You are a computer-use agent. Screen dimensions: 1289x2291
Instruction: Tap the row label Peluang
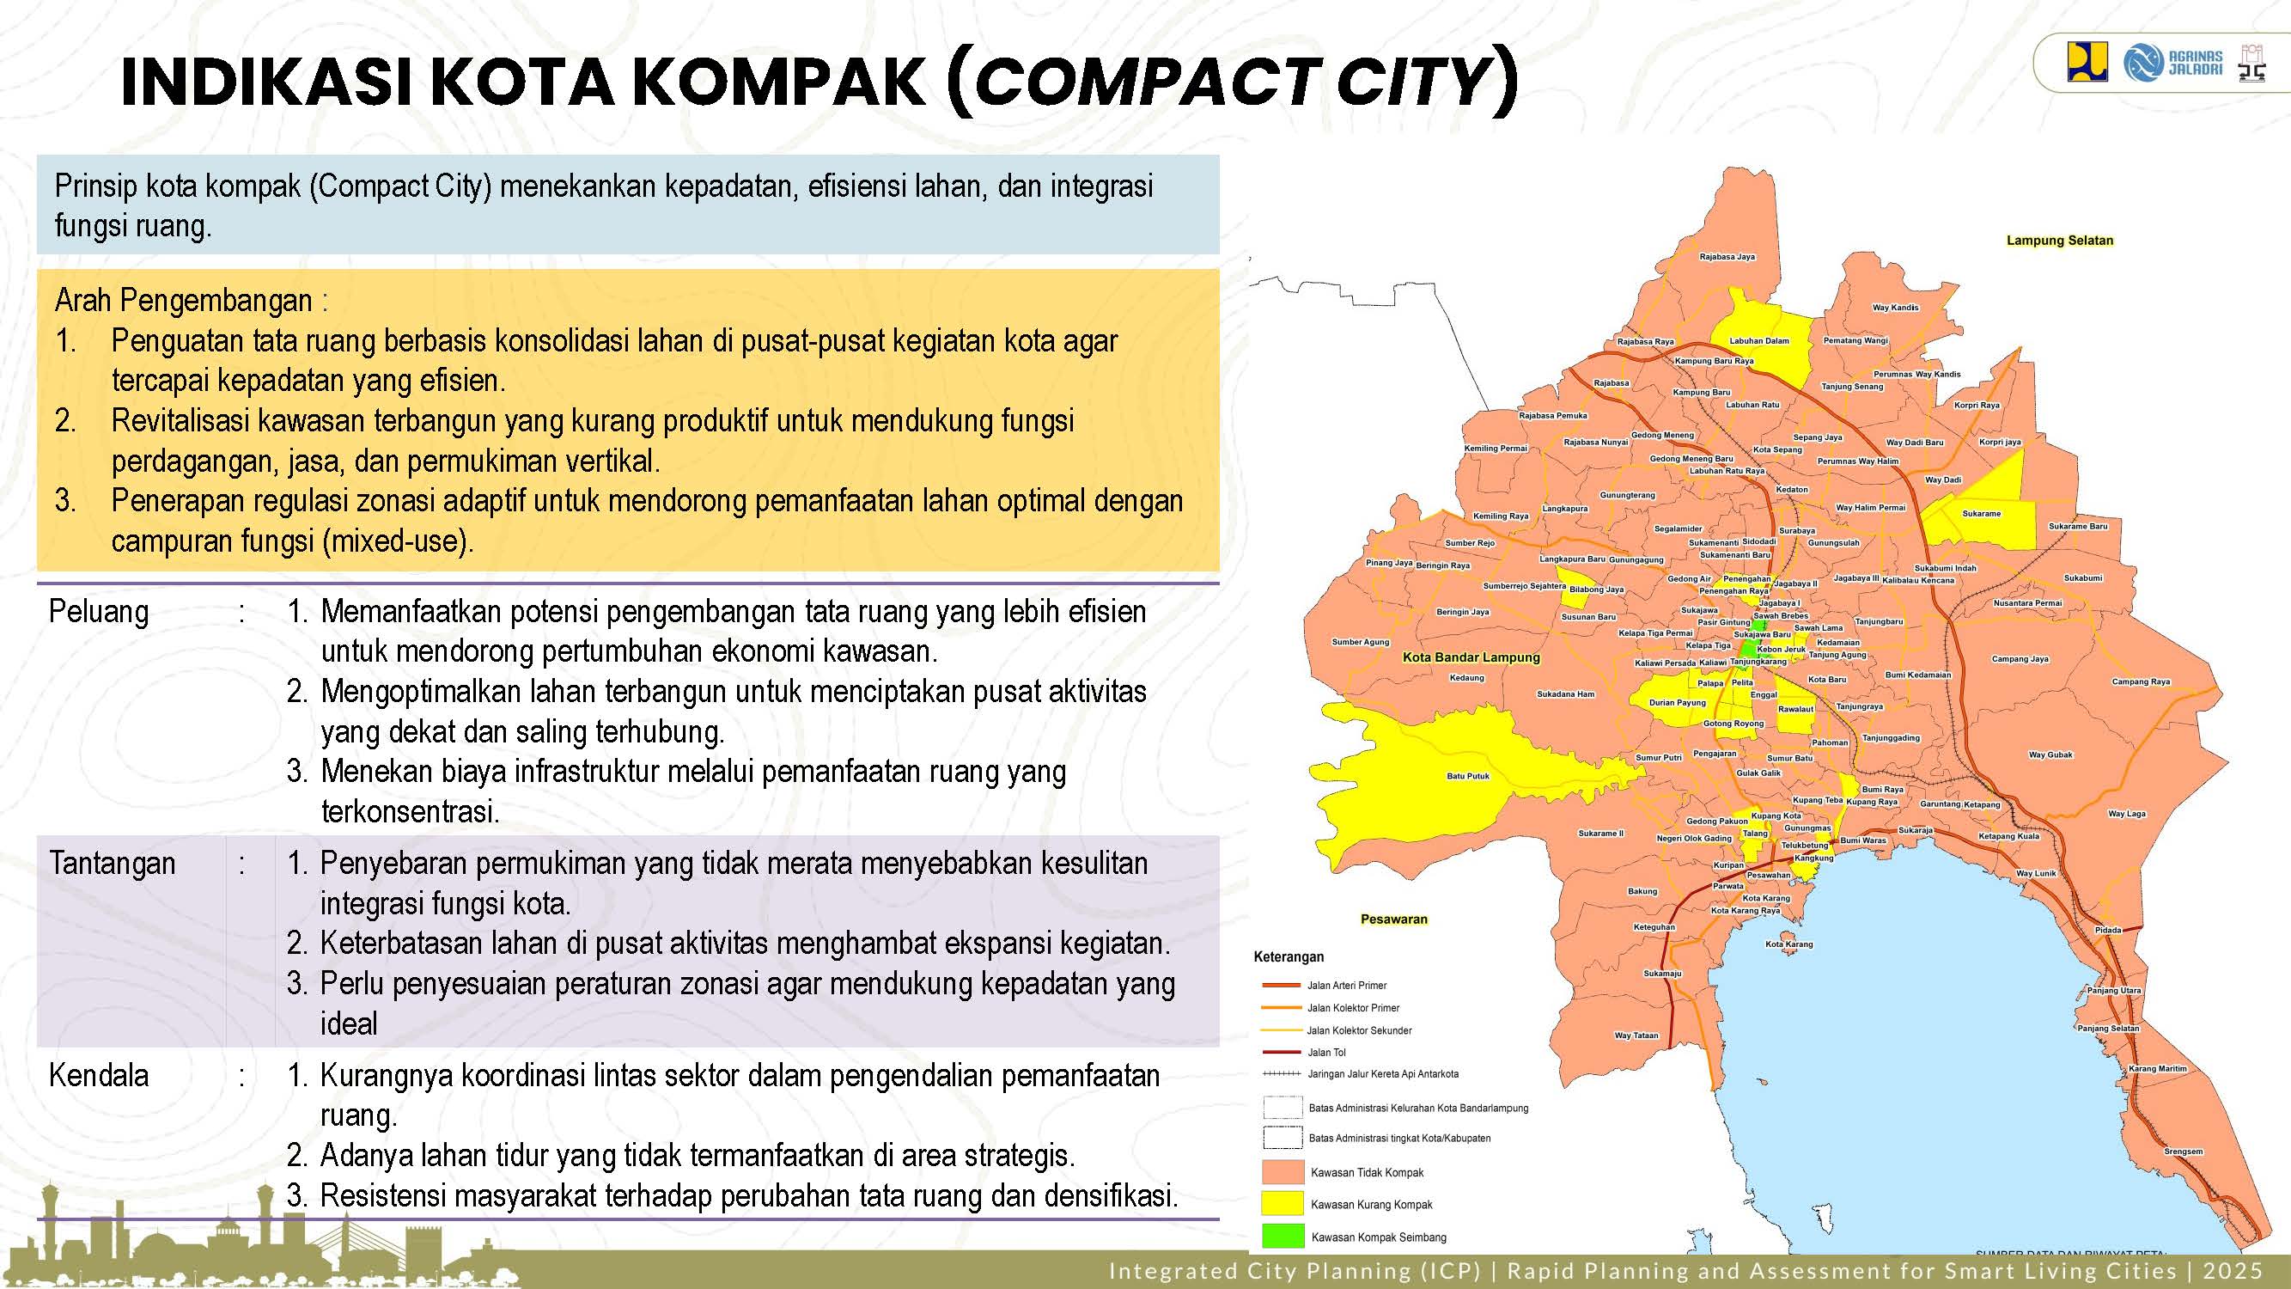[x=99, y=612]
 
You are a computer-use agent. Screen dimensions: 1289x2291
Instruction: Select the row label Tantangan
[x=112, y=864]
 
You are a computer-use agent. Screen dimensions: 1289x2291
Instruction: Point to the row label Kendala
[x=99, y=1076]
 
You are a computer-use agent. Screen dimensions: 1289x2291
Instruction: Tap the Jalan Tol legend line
[x=1282, y=1053]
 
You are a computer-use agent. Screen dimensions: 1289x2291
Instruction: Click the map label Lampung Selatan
[x=2059, y=241]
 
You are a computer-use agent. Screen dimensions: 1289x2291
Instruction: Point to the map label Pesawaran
[x=1393, y=919]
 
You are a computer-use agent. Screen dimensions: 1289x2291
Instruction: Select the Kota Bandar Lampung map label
[x=1470, y=657]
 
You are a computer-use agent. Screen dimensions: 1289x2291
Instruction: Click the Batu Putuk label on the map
[x=1467, y=776]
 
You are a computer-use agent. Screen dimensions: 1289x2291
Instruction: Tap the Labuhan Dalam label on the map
[x=1758, y=340]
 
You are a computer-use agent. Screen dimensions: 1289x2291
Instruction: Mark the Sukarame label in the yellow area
[x=1982, y=513]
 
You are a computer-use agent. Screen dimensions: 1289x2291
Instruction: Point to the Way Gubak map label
[x=2050, y=754]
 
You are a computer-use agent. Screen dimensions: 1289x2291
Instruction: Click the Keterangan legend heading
[x=1289, y=957]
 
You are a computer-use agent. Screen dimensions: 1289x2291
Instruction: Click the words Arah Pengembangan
[x=183, y=301]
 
